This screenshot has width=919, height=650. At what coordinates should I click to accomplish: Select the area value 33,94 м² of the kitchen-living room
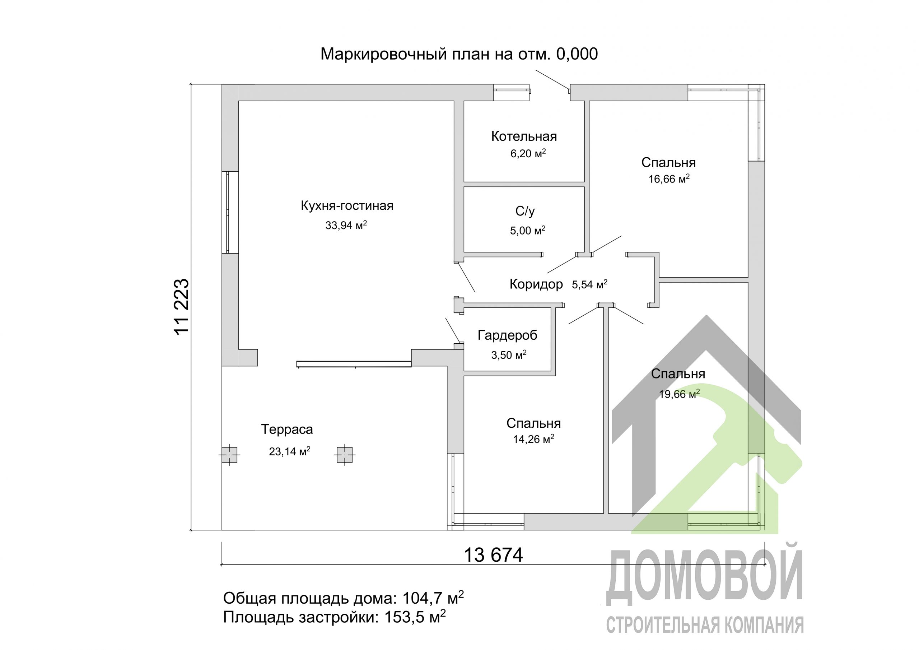point(346,226)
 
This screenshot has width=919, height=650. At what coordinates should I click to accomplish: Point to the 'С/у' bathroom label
point(525,211)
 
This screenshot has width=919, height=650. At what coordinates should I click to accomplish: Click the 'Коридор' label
point(536,284)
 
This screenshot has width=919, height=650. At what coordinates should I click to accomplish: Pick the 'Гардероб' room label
point(507,335)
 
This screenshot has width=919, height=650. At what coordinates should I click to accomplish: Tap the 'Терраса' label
point(286,430)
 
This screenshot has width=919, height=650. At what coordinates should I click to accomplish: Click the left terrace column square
point(229,455)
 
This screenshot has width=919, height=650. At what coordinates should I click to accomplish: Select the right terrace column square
point(345,455)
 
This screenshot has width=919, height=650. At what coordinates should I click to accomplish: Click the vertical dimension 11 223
point(182,306)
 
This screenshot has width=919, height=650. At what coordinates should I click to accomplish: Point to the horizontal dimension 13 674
point(493,556)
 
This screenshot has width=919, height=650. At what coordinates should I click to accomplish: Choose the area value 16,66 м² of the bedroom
point(668,179)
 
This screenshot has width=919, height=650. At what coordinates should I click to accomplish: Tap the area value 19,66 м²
point(679,394)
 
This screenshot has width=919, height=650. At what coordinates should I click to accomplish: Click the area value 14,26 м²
point(533,439)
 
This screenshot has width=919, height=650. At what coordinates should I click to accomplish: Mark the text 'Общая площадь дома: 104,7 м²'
point(343,598)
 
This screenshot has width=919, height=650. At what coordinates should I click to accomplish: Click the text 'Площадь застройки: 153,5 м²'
point(334,618)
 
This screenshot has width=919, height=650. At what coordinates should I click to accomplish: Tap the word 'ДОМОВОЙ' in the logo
point(705,580)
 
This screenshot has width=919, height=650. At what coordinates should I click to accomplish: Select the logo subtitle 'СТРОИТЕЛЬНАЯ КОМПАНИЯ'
point(705,625)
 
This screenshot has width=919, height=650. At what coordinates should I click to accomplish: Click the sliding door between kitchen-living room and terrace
point(354,364)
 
